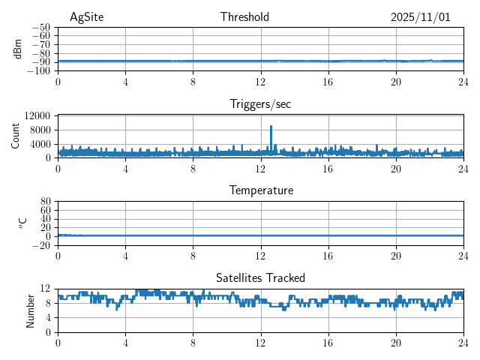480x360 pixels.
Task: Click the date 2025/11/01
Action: pos(420,17)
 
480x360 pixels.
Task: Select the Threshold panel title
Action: pos(244,17)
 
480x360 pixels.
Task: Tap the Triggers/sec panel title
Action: pos(260,104)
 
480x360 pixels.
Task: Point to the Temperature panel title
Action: pos(260,190)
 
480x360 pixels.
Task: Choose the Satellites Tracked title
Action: pos(260,277)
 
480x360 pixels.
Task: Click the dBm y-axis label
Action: pos(18,49)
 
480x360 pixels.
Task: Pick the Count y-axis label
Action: pos(15,136)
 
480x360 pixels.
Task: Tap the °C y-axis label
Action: pos(22,223)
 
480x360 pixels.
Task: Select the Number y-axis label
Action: pos(30,310)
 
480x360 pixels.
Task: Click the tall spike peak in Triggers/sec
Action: pos(271,126)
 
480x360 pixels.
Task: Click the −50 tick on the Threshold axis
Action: pos(41,28)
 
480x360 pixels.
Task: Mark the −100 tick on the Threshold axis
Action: pos(39,71)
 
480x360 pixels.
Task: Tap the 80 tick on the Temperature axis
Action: pos(45,202)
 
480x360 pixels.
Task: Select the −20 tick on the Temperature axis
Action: pos(41,245)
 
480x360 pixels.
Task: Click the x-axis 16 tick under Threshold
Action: pos(328,82)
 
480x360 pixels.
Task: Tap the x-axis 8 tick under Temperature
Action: pos(193,256)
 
